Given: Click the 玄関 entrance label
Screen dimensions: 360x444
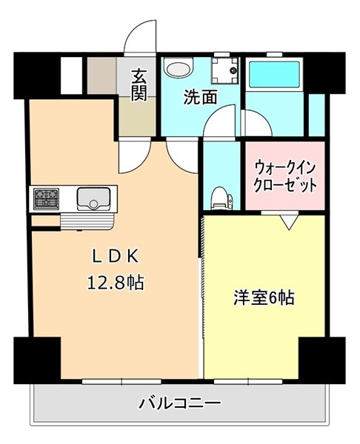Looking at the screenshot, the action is (x=139, y=85).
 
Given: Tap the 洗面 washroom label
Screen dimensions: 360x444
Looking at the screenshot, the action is (x=201, y=97).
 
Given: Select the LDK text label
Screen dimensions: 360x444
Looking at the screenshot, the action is (x=116, y=257).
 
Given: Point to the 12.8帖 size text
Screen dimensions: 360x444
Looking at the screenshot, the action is (x=116, y=283).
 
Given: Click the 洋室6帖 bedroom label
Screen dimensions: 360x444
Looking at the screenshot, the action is (x=264, y=298).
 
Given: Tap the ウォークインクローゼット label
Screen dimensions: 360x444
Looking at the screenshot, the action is (x=285, y=177).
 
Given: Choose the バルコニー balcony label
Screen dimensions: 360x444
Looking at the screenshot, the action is (x=179, y=403).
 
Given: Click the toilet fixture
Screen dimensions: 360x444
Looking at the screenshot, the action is (x=222, y=198).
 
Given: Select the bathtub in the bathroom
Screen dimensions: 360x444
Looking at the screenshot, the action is (x=274, y=74).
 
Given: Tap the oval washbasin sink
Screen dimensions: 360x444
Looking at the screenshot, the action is (x=179, y=68).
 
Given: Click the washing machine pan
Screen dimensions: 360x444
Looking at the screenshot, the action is (x=224, y=70).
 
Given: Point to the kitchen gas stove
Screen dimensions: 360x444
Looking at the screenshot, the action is (x=46, y=199).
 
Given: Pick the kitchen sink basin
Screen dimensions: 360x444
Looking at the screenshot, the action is (x=93, y=199).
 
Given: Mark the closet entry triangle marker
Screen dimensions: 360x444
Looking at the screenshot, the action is (x=289, y=222).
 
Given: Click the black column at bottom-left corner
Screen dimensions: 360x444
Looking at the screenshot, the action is (x=37, y=360).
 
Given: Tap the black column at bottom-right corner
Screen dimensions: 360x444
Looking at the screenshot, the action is (x=322, y=360).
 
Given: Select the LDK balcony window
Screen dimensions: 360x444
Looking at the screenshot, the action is (x=121, y=381).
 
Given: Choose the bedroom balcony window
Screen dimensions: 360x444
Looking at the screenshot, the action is (x=248, y=381).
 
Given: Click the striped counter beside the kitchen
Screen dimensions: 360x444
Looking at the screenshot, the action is (x=87, y=222).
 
